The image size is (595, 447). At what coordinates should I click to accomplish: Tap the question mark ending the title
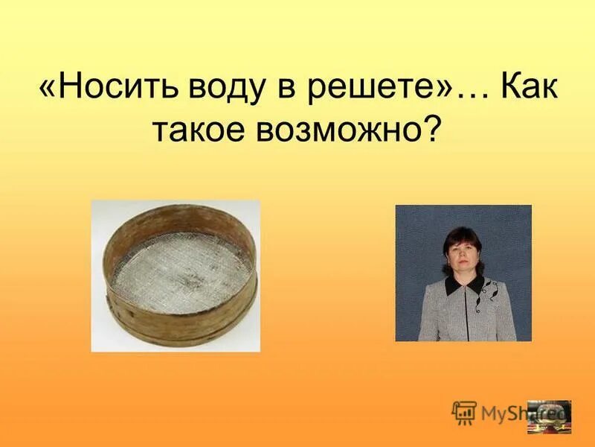tap(432, 130)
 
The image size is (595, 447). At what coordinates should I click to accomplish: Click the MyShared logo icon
tap(463, 411)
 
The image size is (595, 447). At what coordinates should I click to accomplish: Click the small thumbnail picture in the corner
tap(549, 417)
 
